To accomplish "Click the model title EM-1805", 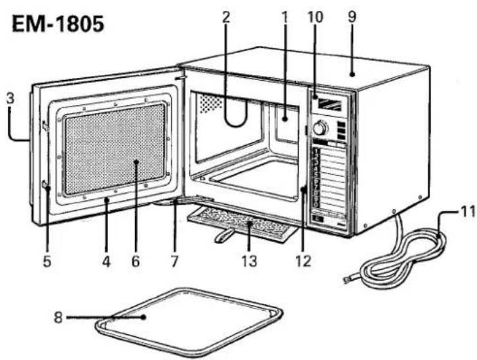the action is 58,24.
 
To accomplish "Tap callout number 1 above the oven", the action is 285,18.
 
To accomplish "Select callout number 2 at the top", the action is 225,18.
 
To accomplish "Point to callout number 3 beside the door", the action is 11,100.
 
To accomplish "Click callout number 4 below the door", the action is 106,261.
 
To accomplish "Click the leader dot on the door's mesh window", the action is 136,162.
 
